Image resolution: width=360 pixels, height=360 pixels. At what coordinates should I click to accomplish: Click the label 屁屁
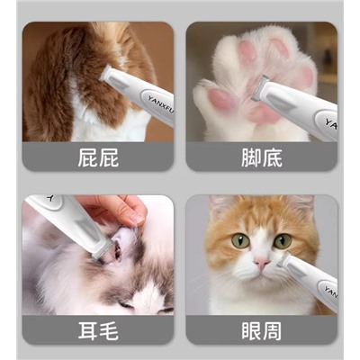tap(98, 158)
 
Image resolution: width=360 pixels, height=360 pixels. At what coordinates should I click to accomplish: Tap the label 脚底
tap(262, 158)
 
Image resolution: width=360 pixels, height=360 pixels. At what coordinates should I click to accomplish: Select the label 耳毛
tap(98, 331)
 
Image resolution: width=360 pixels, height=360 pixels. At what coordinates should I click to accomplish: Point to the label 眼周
tap(262, 331)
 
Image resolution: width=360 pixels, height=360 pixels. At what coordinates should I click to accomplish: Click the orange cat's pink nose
tap(262, 263)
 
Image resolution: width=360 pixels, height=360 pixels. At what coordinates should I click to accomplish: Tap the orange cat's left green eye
tap(240, 240)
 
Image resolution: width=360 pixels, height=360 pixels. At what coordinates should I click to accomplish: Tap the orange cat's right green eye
tap(283, 241)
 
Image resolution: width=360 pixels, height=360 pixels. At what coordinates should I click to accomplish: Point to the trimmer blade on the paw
tap(259, 88)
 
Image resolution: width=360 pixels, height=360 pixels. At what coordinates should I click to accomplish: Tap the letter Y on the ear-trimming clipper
tap(50, 198)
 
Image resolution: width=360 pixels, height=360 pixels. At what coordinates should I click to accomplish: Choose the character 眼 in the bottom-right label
tap(251, 331)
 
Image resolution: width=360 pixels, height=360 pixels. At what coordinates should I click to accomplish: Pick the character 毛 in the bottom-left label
tap(109, 331)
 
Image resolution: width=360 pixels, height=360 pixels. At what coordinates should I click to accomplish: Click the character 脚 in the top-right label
tap(251, 158)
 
